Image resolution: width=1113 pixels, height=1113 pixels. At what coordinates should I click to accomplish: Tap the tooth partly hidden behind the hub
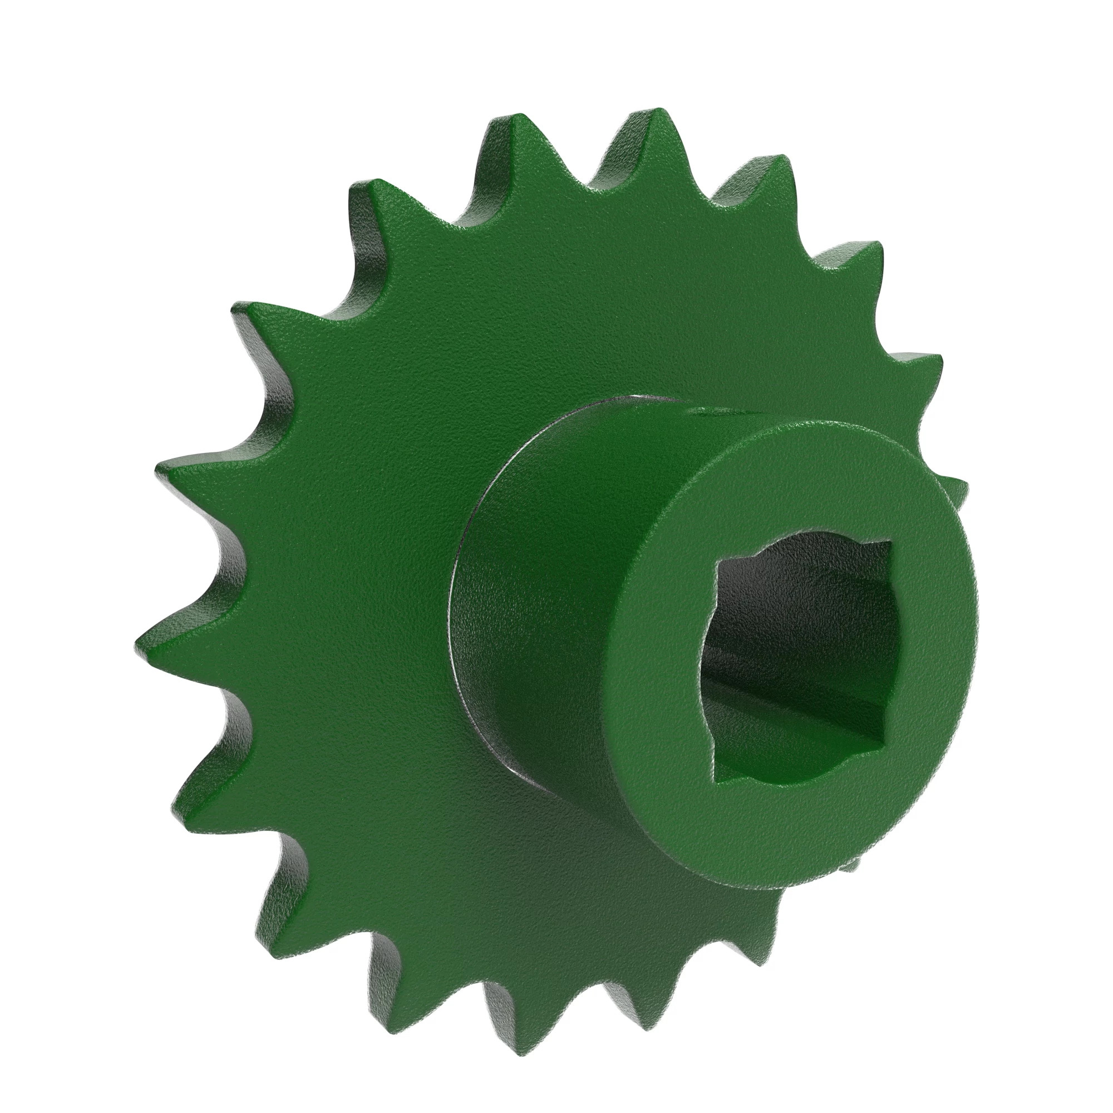(x=956, y=490)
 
